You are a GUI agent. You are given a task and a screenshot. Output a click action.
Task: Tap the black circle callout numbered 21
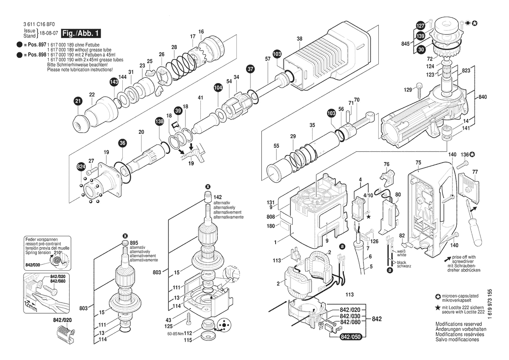[78, 102]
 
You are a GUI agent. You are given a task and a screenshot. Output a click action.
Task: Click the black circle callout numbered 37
[250, 68]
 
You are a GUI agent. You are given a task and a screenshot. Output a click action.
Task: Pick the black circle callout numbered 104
[218, 88]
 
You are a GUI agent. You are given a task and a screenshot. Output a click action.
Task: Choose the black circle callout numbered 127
[420, 25]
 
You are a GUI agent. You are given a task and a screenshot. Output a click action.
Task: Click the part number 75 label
[418, 163]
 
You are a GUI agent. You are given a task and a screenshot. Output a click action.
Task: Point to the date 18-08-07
[50, 34]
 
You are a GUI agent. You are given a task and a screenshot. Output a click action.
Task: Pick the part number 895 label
[134, 243]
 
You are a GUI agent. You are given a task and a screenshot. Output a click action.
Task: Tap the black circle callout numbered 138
[160, 123]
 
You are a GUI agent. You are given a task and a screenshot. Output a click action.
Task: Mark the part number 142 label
[217, 197]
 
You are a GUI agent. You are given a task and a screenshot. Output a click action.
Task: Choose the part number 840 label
[483, 97]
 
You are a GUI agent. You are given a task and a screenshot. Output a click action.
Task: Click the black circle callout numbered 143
[114, 82]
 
